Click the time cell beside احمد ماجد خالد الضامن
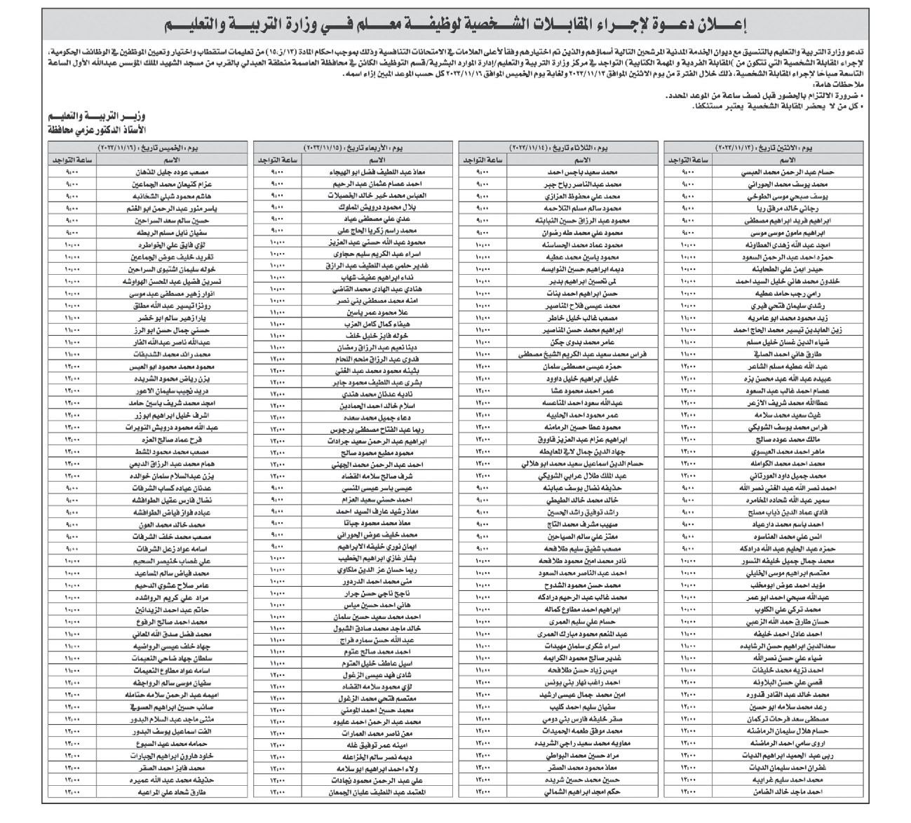coord(690,793)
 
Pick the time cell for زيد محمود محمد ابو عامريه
coord(690,318)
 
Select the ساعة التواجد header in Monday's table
coord(690,160)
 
